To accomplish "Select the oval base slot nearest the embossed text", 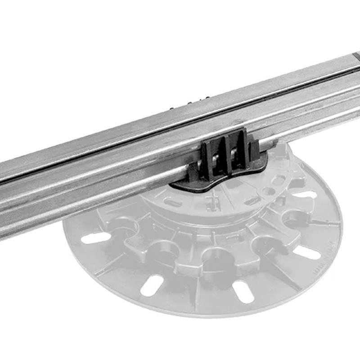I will [307, 252].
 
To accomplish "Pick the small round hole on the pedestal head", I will [269, 191].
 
